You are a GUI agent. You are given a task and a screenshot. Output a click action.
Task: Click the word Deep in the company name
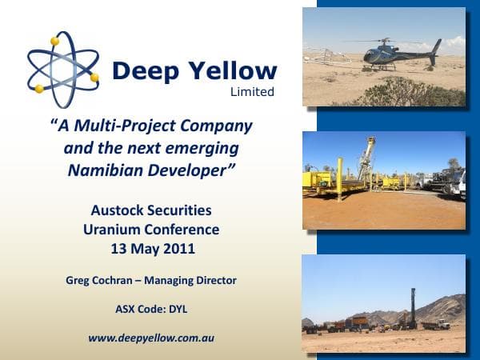point(147,70)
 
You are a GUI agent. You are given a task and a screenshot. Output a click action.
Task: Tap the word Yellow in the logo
point(231,70)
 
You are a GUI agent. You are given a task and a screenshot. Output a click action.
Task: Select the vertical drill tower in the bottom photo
point(413,307)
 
